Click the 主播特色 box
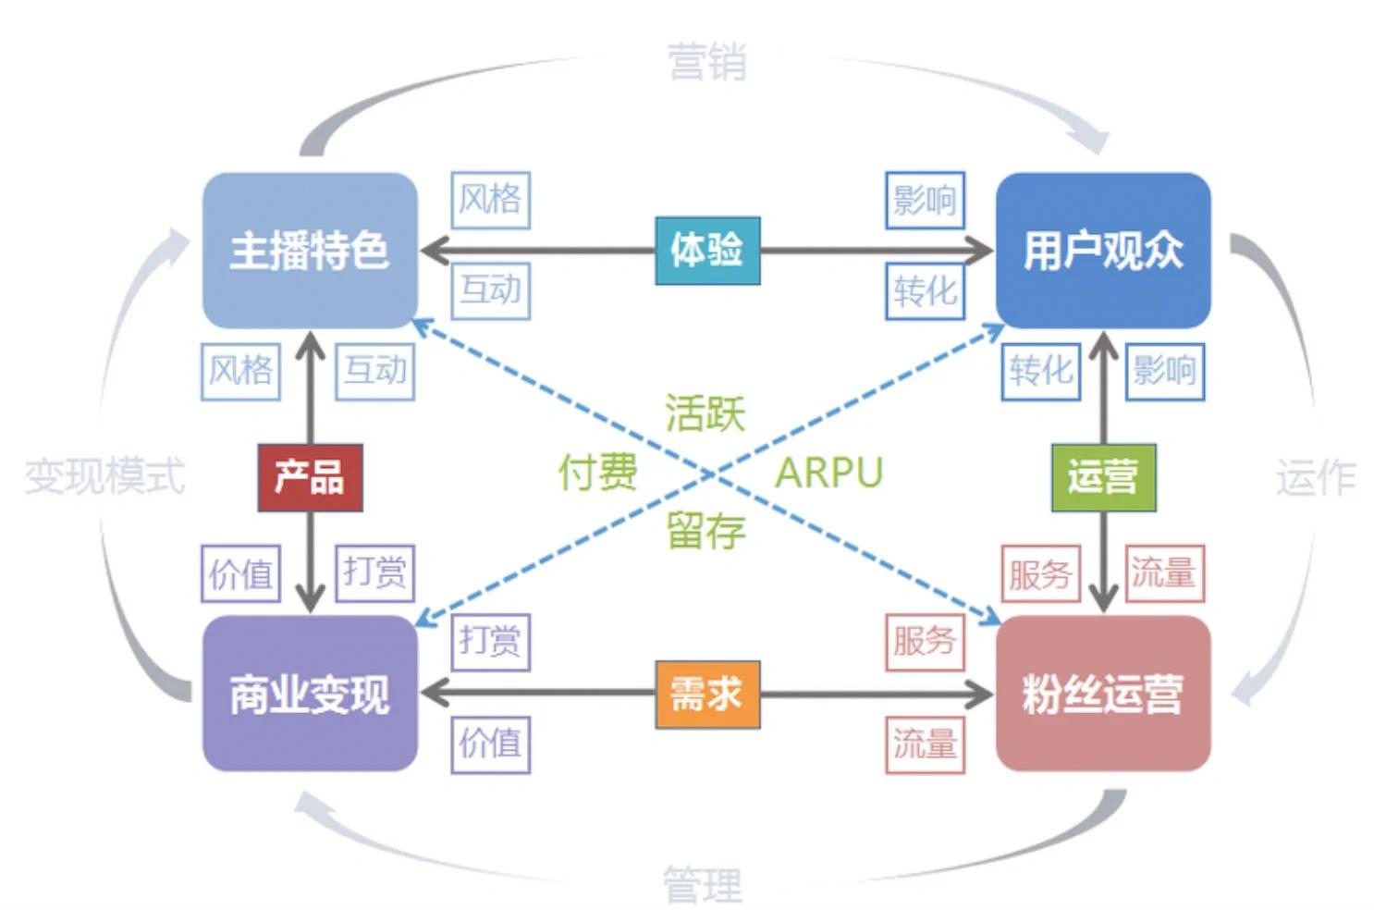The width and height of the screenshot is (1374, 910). pyautogui.click(x=309, y=251)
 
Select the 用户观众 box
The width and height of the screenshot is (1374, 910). pyautogui.click(x=1102, y=251)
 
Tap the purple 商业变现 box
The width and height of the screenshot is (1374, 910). pyautogui.click(x=309, y=694)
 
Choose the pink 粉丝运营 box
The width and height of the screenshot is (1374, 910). pyautogui.click(x=1102, y=694)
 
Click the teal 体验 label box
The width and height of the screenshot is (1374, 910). pyautogui.click(x=707, y=251)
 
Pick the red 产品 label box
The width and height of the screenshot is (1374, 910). pyautogui.click(x=310, y=477)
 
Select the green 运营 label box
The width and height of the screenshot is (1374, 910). pyautogui.click(x=1103, y=477)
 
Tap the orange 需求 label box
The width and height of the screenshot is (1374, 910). pyautogui.click(x=707, y=694)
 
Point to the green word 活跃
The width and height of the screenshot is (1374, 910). pyautogui.click(x=705, y=412)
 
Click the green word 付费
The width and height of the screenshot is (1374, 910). pyautogui.click(x=597, y=473)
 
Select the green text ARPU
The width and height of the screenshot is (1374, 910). pyautogui.click(x=828, y=473)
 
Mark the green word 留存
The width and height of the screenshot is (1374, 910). pyautogui.click(x=705, y=532)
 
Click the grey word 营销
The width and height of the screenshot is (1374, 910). pyautogui.click(x=706, y=63)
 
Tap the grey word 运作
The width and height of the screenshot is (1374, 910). pyautogui.click(x=1315, y=477)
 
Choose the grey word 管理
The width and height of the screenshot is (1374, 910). pyautogui.click(x=703, y=885)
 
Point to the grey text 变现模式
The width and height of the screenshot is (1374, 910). pyautogui.click(x=104, y=477)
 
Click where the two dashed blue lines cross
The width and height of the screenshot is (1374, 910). pyautogui.click(x=709, y=474)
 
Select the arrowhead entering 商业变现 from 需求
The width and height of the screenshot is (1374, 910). pyautogui.click(x=433, y=694)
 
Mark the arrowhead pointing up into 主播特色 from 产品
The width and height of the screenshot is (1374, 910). pyautogui.click(x=310, y=344)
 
